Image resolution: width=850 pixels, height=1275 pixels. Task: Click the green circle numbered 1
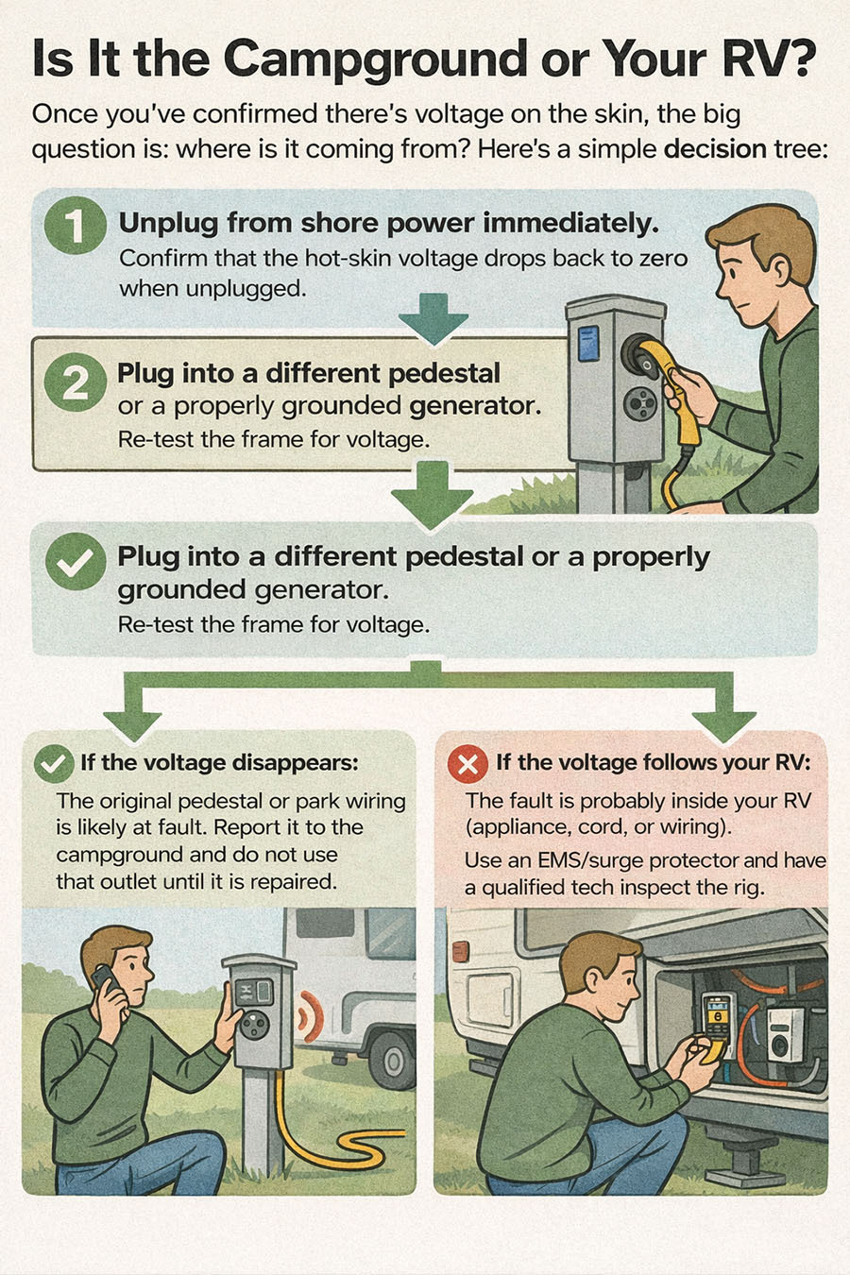(x=75, y=227)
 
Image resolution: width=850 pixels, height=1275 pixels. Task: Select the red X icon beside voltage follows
(x=467, y=763)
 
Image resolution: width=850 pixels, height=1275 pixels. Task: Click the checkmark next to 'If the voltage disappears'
(x=53, y=763)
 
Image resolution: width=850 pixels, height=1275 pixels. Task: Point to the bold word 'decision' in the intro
(x=715, y=149)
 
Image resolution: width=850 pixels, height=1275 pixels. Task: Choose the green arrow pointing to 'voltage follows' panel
(x=724, y=714)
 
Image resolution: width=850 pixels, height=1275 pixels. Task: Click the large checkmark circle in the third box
(x=75, y=561)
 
